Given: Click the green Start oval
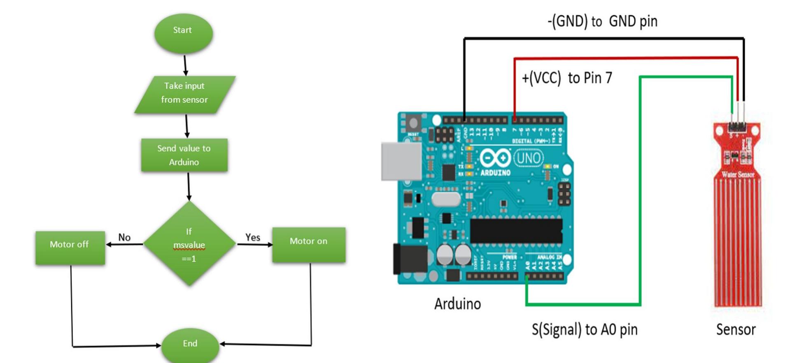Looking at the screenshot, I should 183,33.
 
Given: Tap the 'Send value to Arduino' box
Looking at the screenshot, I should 184,155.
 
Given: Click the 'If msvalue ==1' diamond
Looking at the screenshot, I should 189,244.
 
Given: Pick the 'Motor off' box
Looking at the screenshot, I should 70,247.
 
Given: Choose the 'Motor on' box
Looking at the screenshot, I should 309,244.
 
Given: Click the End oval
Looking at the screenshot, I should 190,345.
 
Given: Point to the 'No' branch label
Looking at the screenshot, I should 124,237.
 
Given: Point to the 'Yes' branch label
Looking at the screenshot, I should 253,237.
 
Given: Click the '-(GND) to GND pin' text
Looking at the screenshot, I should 602,21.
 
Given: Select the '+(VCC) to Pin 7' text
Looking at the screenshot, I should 567,78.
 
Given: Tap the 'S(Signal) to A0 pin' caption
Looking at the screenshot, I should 585,329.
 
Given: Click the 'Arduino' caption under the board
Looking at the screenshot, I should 457,304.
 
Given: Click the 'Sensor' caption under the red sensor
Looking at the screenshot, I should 736,329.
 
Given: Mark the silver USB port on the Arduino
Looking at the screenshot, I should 401,161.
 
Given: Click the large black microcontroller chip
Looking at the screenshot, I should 516,230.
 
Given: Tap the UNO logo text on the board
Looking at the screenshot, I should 529,158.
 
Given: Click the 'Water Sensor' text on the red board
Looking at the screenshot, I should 738,174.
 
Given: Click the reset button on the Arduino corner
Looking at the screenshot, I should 413,123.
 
